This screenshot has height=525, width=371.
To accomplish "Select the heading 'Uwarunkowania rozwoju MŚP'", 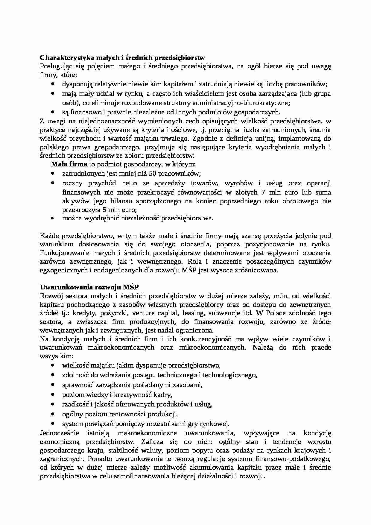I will (89, 287).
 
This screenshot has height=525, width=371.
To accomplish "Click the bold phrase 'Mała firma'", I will (69, 164).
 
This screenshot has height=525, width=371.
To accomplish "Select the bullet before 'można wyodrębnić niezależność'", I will (53, 218).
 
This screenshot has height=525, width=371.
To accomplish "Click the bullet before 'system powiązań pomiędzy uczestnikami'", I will (53, 424).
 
